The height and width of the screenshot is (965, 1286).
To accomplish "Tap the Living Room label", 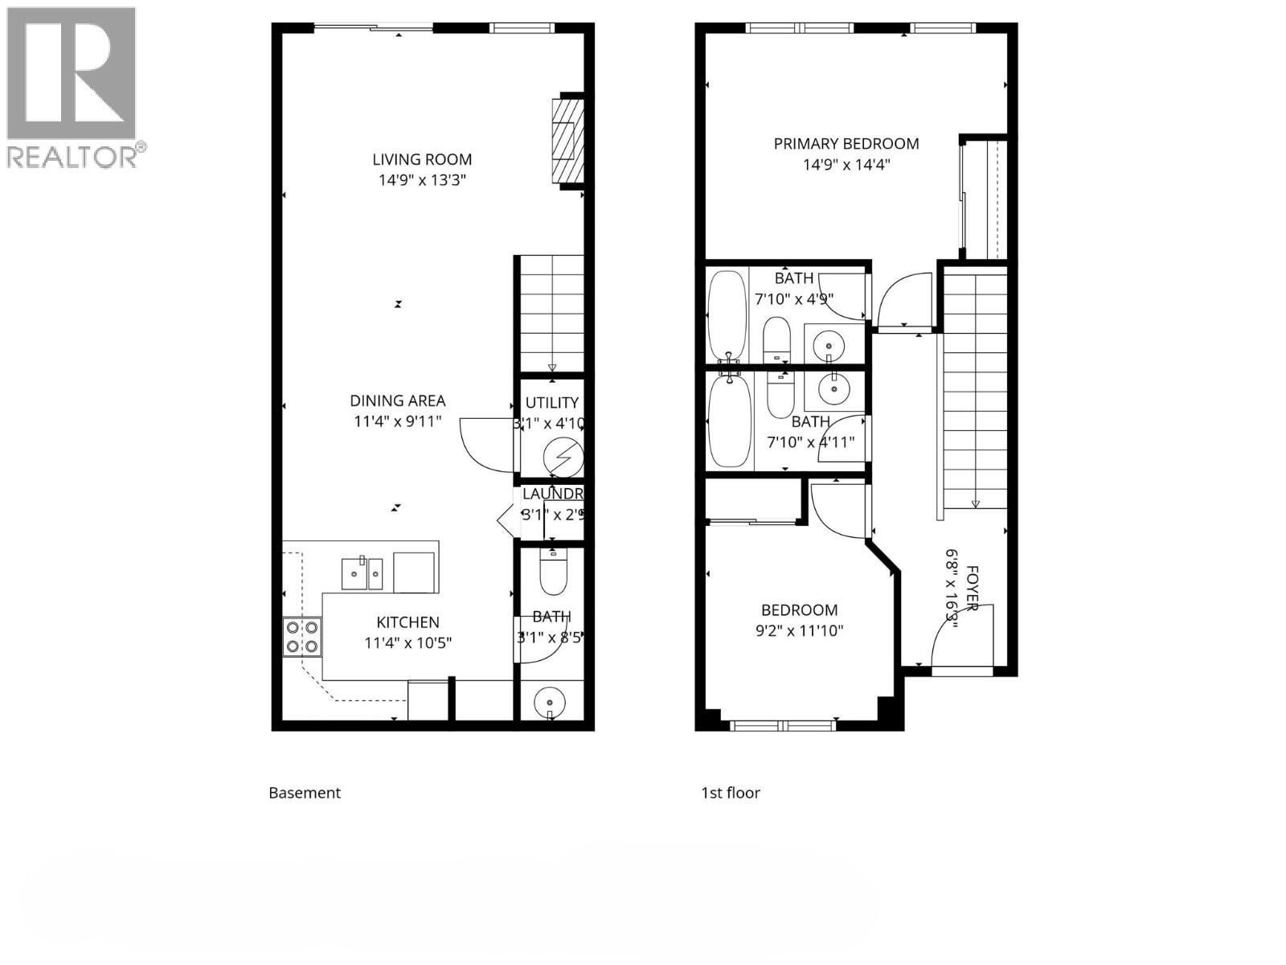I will (x=422, y=159).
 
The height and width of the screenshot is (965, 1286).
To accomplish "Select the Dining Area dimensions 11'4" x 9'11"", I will (x=398, y=421).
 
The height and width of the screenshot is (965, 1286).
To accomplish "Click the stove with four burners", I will (x=302, y=636).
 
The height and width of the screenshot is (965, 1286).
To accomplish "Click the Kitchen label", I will (x=408, y=622).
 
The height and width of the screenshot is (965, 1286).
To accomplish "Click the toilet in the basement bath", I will (x=552, y=571).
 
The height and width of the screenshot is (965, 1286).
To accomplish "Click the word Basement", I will (x=305, y=793).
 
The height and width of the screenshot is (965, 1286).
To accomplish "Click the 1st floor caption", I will (x=731, y=793).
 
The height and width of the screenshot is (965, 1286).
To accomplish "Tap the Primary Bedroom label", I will (x=846, y=144).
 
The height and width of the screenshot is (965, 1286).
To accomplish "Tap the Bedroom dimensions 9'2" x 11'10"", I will (x=799, y=631).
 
